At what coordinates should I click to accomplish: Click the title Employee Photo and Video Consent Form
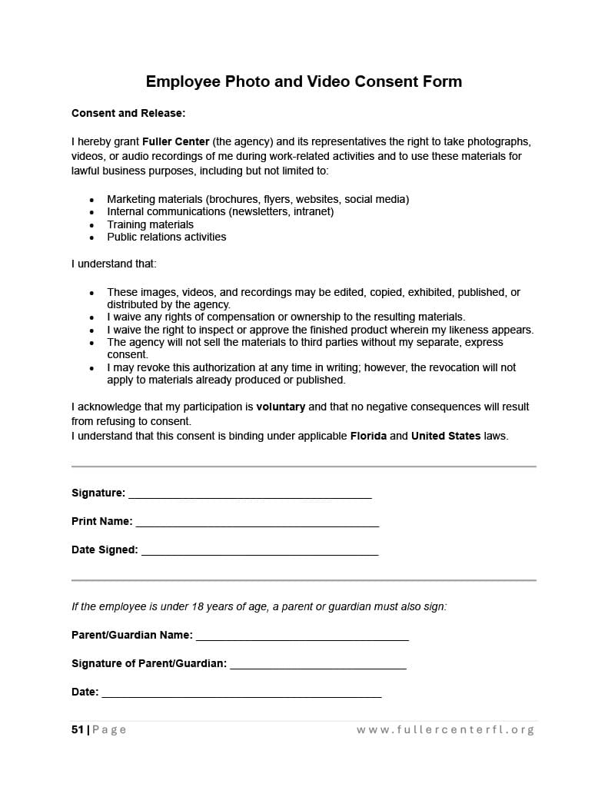point(304,81)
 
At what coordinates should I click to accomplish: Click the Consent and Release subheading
point(128,113)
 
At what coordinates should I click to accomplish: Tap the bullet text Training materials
point(150,224)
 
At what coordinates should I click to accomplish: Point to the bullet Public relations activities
point(166,237)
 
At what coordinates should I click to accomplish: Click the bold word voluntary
point(281,407)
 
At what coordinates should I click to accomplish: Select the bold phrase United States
point(446,436)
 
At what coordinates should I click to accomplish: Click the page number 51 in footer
point(78,729)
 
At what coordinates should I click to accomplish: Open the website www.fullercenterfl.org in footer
point(445,729)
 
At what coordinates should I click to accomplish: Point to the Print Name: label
point(101,521)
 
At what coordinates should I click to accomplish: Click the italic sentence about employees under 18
point(259,606)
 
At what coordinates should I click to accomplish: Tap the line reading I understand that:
point(114,264)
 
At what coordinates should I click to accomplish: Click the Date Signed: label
point(105,550)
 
